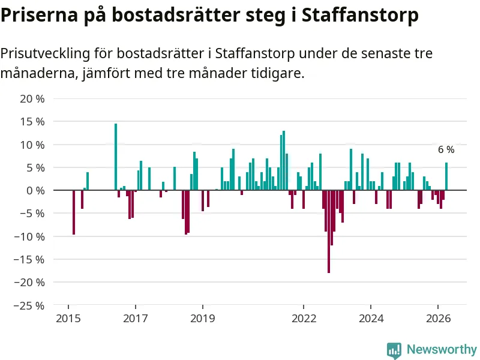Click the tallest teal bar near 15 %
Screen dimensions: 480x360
click(x=116, y=157)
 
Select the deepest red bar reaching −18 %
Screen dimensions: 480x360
click(x=329, y=232)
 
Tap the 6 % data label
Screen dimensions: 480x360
click(x=446, y=149)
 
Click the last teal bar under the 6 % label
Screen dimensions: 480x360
click(x=446, y=176)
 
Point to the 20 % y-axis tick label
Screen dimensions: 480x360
click(x=32, y=99)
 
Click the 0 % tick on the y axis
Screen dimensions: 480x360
click(x=35, y=190)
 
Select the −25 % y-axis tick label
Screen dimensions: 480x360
click(x=29, y=305)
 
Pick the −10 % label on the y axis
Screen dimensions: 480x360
click(x=29, y=236)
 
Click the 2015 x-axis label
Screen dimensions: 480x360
click(x=68, y=319)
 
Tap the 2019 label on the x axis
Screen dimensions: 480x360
click(x=203, y=319)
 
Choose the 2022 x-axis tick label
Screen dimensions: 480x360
click(x=304, y=319)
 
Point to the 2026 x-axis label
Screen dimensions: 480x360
click(x=439, y=319)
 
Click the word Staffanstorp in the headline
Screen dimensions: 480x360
click(x=361, y=15)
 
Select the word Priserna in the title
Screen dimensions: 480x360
click(x=40, y=14)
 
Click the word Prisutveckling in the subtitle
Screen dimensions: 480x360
click(x=46, y=53)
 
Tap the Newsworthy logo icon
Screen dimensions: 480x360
click(x=394, y=350)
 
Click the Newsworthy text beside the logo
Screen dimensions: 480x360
click(x=442, y=349)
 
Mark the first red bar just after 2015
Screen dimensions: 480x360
click(x=74, y=212)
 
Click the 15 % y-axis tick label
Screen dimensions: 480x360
click(x=32, y=122)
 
